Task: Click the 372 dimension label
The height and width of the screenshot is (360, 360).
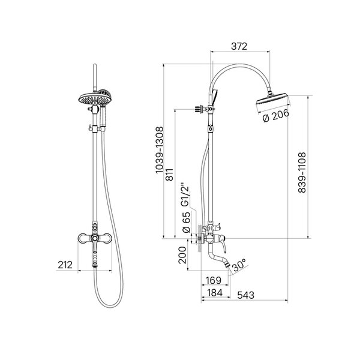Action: [239, 46]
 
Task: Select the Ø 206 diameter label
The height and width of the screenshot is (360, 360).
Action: [276, 116]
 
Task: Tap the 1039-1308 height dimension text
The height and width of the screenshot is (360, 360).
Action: [160, 150]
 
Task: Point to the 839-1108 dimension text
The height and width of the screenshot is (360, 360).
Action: [302, 173]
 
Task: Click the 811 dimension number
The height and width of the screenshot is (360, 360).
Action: [170, 175]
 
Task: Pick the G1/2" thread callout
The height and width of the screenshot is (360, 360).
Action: [185, 194]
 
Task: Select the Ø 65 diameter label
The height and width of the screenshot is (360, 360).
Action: [186, 222]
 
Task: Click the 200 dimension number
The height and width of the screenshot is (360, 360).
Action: [182, 255]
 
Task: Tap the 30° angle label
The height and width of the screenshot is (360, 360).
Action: [239, 266]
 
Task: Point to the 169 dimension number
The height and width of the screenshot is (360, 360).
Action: [214, 280]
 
